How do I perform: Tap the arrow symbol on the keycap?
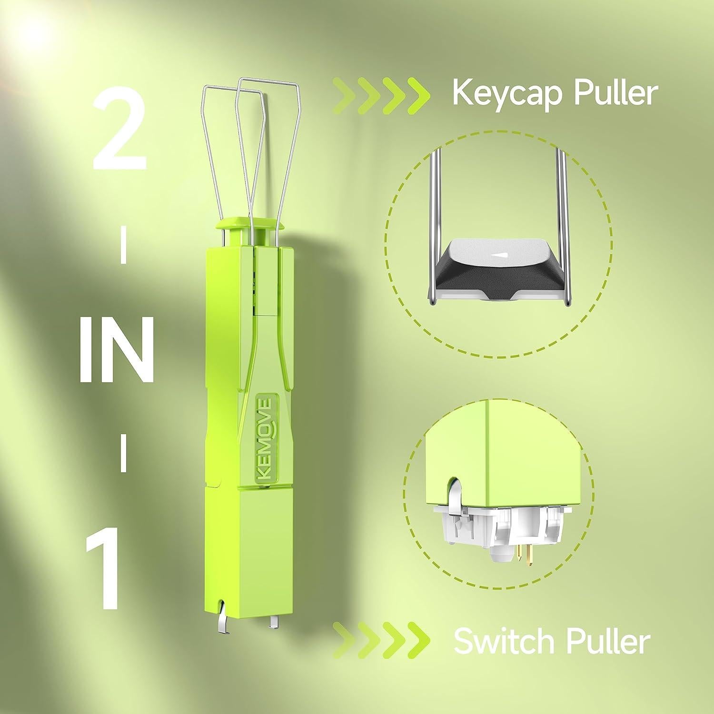499,255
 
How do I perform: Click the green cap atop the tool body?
249,223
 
